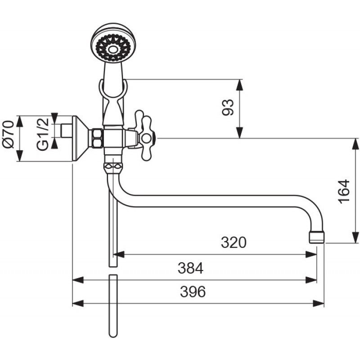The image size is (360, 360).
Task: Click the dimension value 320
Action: click(x=234, y=242)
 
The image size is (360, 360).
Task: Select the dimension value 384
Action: click(x=190, y=268)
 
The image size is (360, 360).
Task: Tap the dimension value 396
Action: click(x=193, y=292)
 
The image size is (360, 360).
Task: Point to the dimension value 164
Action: click(x=344, y=191)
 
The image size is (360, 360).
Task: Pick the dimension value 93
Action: click(x=228, y=107)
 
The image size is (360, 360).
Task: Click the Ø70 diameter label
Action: click(x=8, y=134)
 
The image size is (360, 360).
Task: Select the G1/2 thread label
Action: click(x=43, y=134)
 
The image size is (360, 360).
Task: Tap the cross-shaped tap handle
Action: click(x=144, y=136)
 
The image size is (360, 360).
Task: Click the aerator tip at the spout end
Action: click(x=317, y=237)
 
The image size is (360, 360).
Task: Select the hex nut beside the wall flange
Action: click(x=98, y=138)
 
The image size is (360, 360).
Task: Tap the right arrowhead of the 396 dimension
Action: click(x=319, y=303)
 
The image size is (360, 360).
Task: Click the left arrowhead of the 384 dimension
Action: click(x=78, y=280)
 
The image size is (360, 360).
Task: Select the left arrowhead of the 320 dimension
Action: click(x=119, y=254)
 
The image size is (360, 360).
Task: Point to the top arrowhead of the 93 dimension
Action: click(x=239, y=85)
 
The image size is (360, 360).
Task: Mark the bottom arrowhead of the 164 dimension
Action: click(x=355, y=238)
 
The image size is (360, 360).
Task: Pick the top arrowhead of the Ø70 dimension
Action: click(x=20, y=121)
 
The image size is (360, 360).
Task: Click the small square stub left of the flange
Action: click(x=66, y=131)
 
